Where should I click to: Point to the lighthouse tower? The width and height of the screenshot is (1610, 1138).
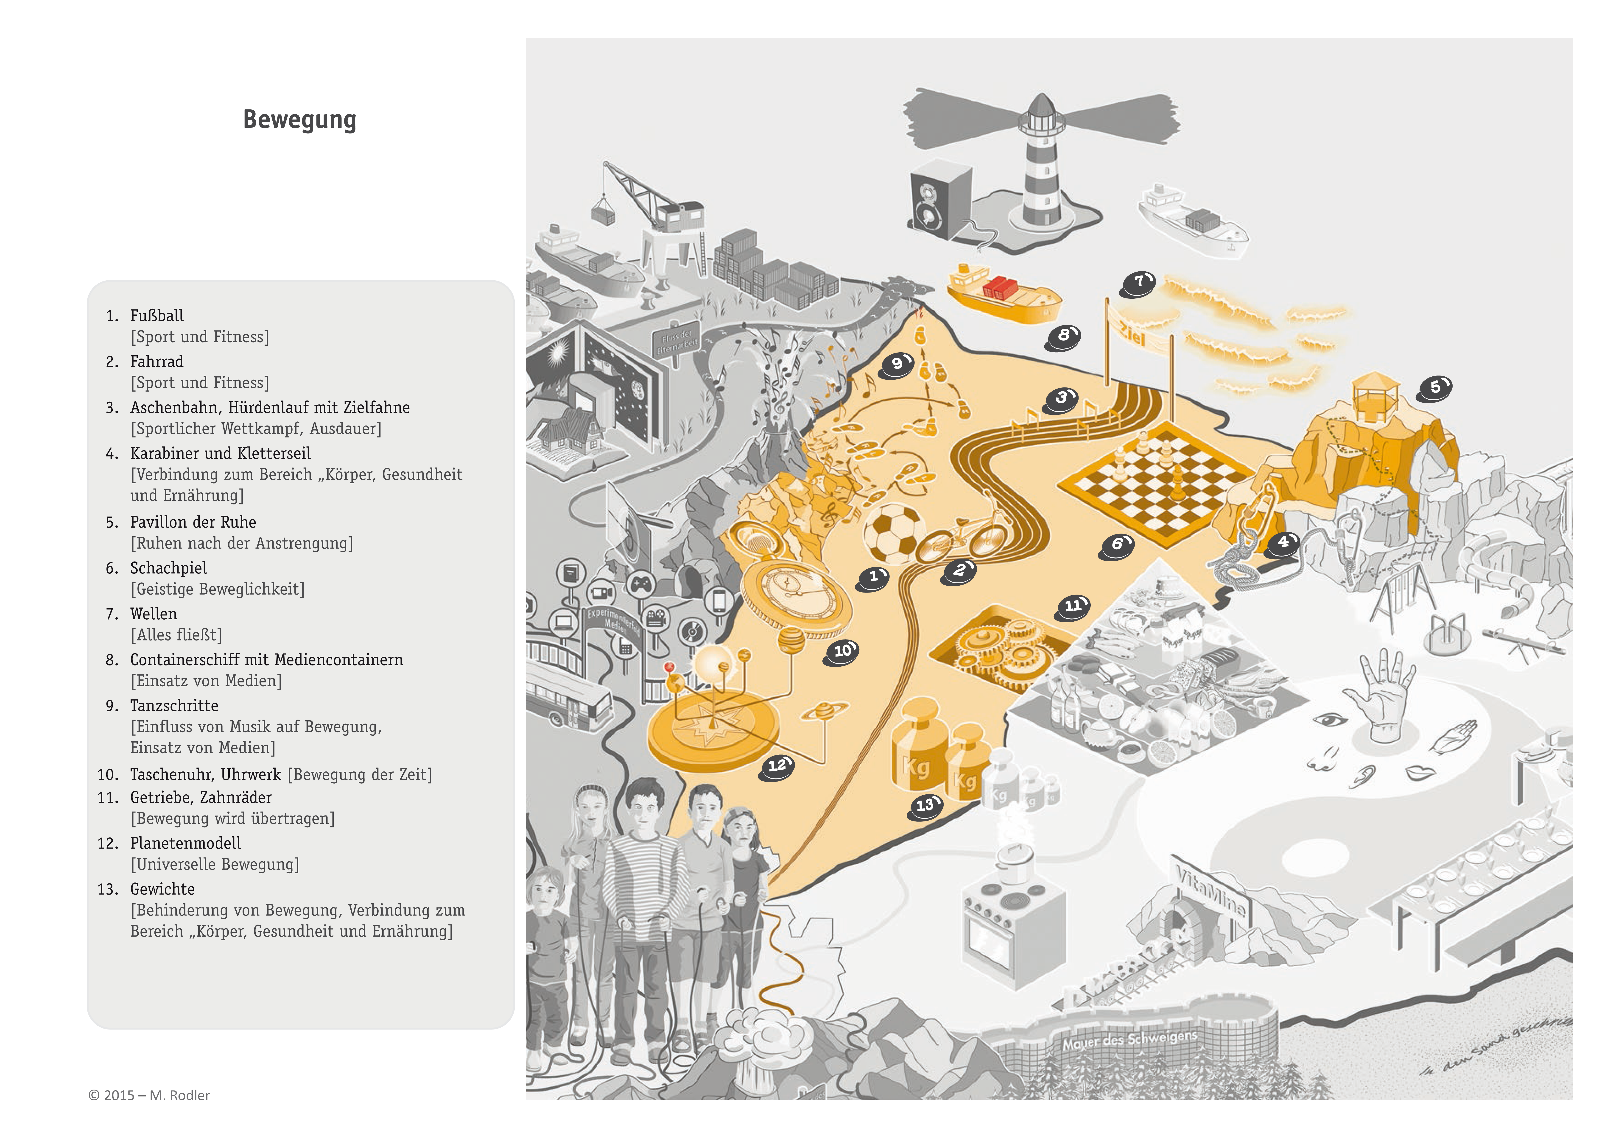pos(1042,168)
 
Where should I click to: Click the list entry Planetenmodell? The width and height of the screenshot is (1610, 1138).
pos(185,843)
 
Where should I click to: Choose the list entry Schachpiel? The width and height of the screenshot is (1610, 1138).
pos(168,568)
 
